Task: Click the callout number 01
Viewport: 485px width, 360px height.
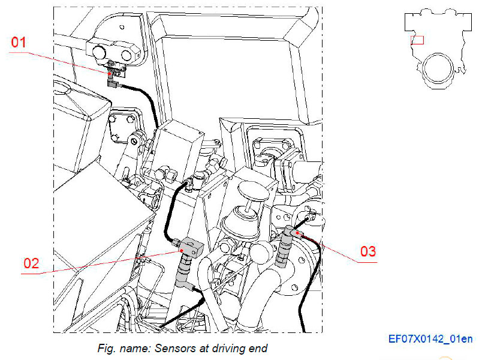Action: tap(20, 43)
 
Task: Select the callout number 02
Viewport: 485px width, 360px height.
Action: tap(31, 263)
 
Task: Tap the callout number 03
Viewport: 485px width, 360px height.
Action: tap(368, 251)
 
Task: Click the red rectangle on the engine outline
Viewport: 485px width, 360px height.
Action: tap(417, 40)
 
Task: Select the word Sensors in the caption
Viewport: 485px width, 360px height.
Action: tap(176, 348)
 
